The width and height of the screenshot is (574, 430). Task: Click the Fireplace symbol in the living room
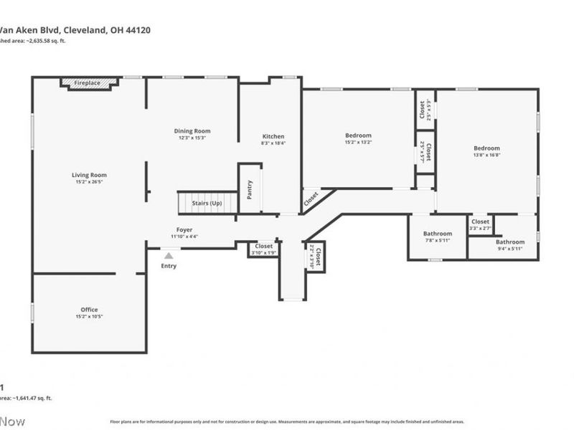[88, 83]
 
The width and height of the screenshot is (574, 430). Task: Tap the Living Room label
[89, 175]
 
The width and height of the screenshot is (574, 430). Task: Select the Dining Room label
[192, 130]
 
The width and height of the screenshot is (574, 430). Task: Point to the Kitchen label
[273, 136]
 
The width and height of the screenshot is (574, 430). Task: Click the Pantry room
[250, 188]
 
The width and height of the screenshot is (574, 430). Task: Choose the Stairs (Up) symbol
[207, 203]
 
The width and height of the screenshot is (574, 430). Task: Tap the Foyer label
[184, 230]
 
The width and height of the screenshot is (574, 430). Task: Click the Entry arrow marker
[169, 255]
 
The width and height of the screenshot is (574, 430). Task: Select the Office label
[89, 310]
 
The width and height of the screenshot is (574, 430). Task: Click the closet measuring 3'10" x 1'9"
[264, 249]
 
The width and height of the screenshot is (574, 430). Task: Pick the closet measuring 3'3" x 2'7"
[481, 224]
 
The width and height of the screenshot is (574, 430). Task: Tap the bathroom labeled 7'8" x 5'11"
[437, 236]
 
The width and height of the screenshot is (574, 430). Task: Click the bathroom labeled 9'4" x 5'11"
[509, 244]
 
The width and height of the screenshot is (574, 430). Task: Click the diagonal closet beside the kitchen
[311, 198]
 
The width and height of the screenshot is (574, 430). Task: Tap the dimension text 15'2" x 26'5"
[89, 182]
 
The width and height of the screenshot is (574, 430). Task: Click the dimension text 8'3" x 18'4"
[273, 143]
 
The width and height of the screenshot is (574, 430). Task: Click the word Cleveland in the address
[85, 30]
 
